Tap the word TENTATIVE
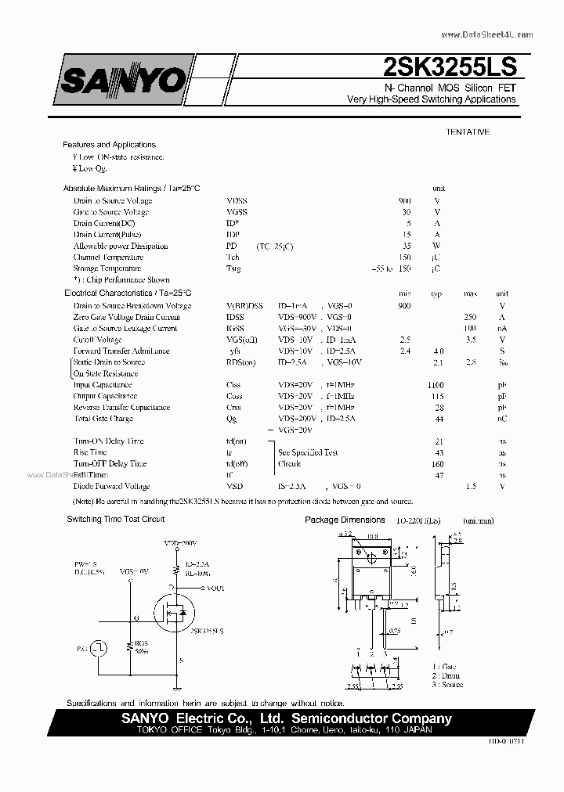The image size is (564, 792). [x=468, y=131]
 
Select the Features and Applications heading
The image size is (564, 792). [x=109, y=145]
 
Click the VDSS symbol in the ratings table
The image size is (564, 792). [x=237, y=201]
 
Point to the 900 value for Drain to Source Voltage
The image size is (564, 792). [x=404, y=201]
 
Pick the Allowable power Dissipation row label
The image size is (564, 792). [x=121, y=247]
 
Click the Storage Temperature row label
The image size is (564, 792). [x=109, y=268]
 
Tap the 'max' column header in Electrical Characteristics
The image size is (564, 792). [x=470, y=293]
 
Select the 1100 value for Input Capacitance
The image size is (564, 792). [x=436, y=385]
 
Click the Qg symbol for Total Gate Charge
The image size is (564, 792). [x=232, y=419]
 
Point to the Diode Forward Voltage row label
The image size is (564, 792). [x=111, y=486]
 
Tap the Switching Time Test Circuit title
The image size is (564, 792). [x=115, y=520]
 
